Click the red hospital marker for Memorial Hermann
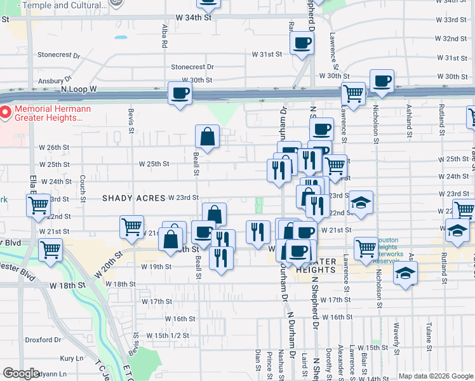(x=5, y=113)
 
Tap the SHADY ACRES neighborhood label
(x=133, y=198)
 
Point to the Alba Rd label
(x=164, y=37)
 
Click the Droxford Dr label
(x=43, y=340)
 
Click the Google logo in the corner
(x=21, y=373)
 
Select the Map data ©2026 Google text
(x=435, y=376)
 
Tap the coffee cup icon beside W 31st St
(x=302, y=43)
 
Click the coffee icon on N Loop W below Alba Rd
(x=179, y=93)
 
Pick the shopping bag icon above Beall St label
(x=207, y=135)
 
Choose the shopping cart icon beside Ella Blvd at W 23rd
(x=38, y=205)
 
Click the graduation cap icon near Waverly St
(x=405, y=274)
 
